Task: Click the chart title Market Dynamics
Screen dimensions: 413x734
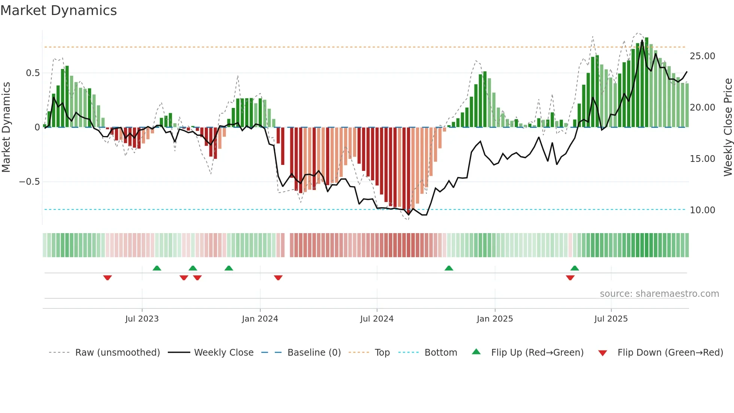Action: (58, 10)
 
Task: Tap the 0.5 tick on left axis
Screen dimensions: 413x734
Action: (33, 73)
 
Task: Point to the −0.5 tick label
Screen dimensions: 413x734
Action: (29, 182)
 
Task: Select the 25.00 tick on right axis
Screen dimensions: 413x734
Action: (702, 56)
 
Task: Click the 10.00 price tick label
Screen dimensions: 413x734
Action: (702, 210)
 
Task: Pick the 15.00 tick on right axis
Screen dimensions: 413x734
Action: (702, 159)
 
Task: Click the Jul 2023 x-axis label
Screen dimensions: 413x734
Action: (142, 319)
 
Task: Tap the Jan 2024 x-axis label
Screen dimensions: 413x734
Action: (260, 319)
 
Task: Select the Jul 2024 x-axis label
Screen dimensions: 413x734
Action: (377, 319)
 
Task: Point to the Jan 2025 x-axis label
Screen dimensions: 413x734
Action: (495, 319)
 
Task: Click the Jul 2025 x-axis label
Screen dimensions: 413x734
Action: (611, 319)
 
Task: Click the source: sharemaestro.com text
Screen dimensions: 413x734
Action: (659, 294)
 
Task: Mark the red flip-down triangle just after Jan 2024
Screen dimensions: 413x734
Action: (278, 278)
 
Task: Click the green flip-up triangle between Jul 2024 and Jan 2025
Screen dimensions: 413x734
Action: (449, 268)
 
